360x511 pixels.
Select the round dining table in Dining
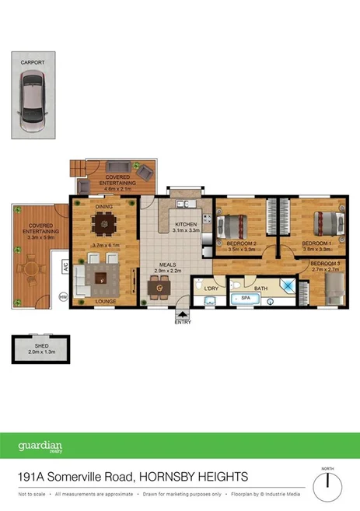(x=104, y=226)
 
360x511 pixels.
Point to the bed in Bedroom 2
(x=232, y=227)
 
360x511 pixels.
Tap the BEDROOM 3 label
(x=325, y=264)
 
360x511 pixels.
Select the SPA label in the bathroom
(x=246, y=298)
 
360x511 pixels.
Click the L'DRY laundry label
(x=210, y=289)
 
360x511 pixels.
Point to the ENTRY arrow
(x=183, y=313)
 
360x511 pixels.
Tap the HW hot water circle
(x=64, y=296)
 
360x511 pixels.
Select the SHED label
(x=41, y=345)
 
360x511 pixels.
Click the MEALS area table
(x=160, y=289)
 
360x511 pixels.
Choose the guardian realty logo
(x=40, y=447)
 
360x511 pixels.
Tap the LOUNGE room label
(x=106, y=300)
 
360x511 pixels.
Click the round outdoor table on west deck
(x=32, y=268)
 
